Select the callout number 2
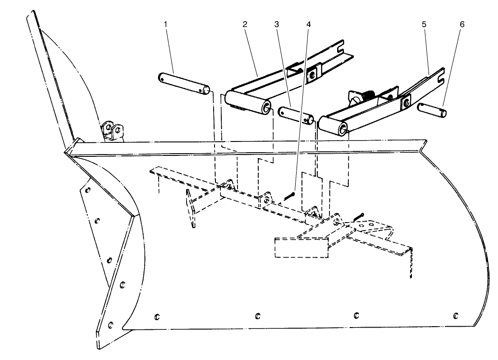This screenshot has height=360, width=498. pos(245,24)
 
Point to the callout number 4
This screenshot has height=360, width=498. pos(308,23)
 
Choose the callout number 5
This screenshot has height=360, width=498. pos(424,24)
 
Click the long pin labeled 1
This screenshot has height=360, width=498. pos(183,82)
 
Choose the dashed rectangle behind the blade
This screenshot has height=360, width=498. pos(301,248)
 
